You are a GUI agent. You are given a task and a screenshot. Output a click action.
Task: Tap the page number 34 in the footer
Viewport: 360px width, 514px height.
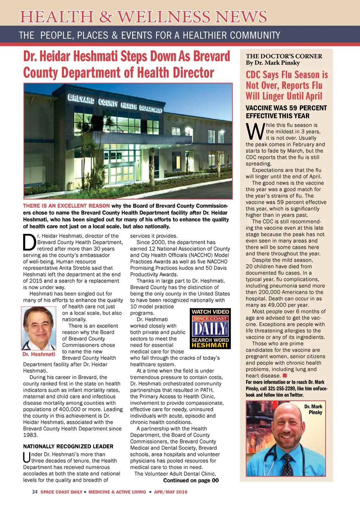pyautogui.click(x=35, y=492)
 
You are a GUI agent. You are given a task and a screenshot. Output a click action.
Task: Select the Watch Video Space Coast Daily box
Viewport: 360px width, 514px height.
pyautogui.click(x=210, y=328)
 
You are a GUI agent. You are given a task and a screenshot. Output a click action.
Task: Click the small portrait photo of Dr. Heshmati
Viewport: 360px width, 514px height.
pyautogui.click(x=39, y=328)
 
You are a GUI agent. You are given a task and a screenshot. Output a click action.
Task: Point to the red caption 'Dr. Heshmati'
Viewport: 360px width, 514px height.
pyautogui.click(x=39, y=354)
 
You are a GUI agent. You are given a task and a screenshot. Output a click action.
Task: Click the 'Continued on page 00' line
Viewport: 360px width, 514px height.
pyautogui.click(x=191, y=480)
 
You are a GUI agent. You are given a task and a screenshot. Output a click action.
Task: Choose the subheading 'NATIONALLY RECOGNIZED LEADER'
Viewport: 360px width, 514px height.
pyautogui.click(x=68, y=446)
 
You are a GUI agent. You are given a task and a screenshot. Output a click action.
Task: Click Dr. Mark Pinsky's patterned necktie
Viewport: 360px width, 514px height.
pyautogui.click(x=287, y=464)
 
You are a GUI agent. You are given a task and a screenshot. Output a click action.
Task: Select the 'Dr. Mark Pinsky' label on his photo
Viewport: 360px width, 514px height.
pyautogui.click(x=314, y=409)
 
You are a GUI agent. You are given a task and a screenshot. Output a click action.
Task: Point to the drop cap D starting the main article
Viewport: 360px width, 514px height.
pyautogui.click(x=30, y=242)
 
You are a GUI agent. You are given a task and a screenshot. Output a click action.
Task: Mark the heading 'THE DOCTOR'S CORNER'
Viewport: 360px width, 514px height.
pyautogui.click(x=284, y=56)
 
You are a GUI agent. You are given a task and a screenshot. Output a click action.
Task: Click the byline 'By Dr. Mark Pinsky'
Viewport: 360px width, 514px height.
pyautogui.click(x=273, y=63)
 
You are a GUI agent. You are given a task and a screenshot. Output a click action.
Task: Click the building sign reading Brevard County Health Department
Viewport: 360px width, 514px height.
pyautogui.click(x=115, y=104)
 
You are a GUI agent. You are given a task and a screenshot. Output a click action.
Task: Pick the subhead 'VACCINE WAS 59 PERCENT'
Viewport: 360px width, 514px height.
pyautogui.click(x=286, y=108)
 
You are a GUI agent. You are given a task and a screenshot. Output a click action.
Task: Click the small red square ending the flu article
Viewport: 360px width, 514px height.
pyautogui.click(x=285, y=376)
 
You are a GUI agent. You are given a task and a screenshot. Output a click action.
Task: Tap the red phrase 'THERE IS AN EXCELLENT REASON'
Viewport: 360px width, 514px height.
pyautogui.click(x=66, y=206)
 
